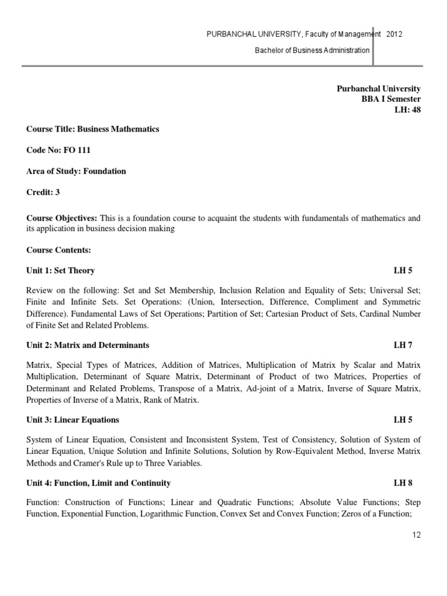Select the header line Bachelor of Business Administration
click(312, 50)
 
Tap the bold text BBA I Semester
click(391, 99)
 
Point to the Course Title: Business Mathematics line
click(93, 129)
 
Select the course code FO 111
click(76, 150)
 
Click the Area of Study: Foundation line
click(76, 171)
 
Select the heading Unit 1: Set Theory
click(61, 271)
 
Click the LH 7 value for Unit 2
click(403, 345)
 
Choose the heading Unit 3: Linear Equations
click(73, 420)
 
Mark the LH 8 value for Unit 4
click(403, 483)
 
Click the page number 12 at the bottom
click(416, 535)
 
